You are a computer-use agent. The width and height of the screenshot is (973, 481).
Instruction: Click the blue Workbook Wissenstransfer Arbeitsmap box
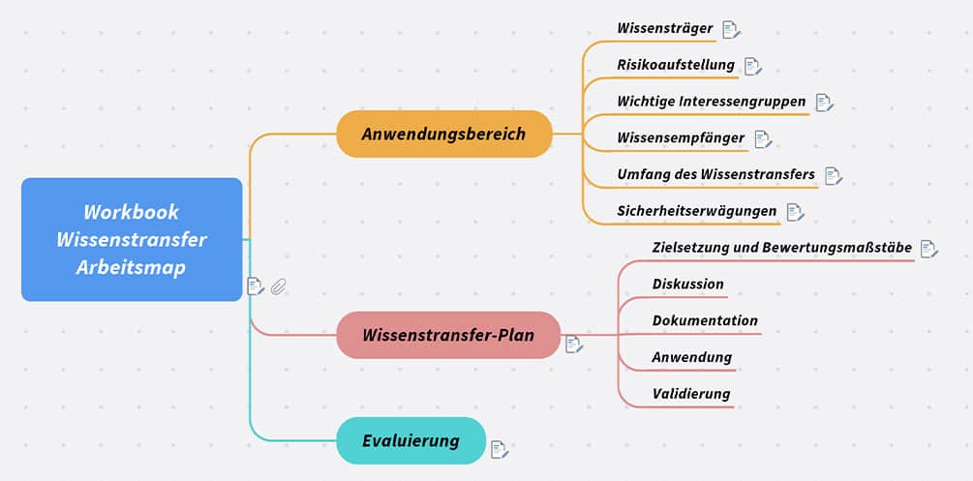coord(132,239)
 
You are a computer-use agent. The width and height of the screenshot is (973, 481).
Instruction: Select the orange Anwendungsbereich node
coord(443,134)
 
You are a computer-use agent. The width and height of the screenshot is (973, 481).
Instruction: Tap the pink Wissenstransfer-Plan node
coord(448,336)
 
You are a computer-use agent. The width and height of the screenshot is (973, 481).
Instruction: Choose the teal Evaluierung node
coord(410,441)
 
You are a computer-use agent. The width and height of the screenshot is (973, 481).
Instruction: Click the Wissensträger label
coord(664,29)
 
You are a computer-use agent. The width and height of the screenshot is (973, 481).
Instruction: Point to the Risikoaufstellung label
coord(675,66)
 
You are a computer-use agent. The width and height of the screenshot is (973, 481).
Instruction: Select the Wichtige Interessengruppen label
coord(711,102)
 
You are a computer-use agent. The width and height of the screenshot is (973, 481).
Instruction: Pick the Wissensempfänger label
coord(681,138)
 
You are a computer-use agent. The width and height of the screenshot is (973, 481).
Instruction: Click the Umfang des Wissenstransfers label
coord(715,174)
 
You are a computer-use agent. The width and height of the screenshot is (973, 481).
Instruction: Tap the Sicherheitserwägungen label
coord(696,211)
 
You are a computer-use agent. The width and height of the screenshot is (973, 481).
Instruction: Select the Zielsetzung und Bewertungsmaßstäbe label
coord(781,248)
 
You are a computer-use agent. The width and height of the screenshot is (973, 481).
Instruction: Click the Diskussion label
coord(687,285)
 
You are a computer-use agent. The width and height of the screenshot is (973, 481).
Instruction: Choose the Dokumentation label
coord(705,320)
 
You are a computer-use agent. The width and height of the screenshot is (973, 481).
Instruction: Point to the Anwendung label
coord(691,357)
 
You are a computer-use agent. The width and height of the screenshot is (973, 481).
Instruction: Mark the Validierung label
coord(690,394)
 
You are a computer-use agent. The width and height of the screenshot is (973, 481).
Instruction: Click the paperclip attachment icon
coord(279,286)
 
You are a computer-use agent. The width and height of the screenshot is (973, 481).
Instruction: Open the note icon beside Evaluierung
coord(499,449)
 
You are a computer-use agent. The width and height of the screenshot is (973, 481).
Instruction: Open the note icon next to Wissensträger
coord(731,30)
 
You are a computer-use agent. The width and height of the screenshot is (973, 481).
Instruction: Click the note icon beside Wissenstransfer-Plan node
coord(574,344)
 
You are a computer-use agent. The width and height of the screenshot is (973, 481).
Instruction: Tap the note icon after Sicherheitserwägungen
coord(795,212)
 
